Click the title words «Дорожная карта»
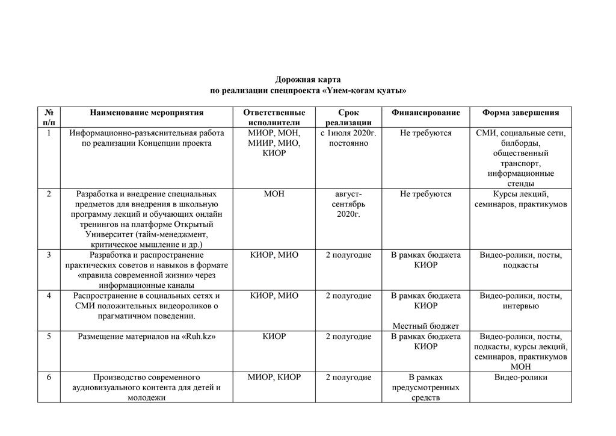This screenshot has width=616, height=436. click(x=307, y=79)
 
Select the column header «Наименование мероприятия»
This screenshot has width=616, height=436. click(x=147, y=113)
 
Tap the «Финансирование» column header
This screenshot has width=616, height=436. click(x=425, y=113)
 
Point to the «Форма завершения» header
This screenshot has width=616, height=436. click(x=520, y=113)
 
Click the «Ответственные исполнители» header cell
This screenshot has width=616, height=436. click(x=274, y=117)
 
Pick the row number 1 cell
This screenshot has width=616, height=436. click(x=49, y=133)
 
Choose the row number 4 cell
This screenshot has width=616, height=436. click(x=49, y=296)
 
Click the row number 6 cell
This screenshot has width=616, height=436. click(x=49, y=378)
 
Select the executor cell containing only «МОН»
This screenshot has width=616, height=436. click(x=274, y=194)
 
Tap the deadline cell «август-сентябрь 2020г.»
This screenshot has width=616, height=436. click(x=348, y=204)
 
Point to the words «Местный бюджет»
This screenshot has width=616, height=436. click(x=425, y=326)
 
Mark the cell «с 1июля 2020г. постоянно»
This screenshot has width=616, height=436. click(x=348, y=138)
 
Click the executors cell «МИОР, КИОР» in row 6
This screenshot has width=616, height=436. click(x=274, y=378)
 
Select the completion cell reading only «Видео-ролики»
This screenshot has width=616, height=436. click(x=520, y=378)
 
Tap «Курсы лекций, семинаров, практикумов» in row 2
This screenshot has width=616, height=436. click(x=520, y=199)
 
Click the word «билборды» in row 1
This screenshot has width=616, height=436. click(x=520, y=143)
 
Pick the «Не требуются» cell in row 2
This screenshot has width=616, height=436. click(x=425, y=194)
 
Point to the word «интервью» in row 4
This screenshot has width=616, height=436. click(x=520, y=306)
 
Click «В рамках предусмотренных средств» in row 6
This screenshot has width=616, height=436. click(x=425, y=387)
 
